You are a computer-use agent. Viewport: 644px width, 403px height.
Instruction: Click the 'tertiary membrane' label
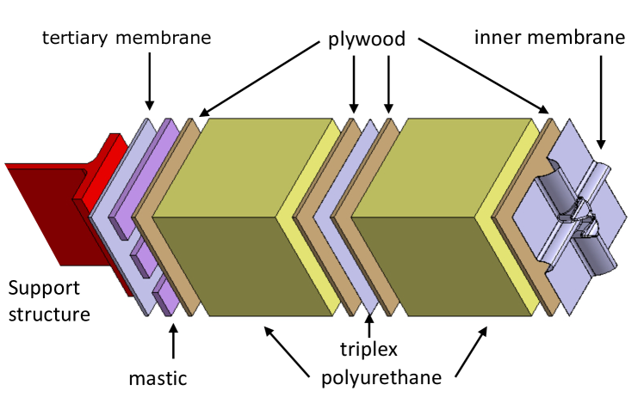[127, 39]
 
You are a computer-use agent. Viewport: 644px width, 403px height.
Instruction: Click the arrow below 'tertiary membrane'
[150, 82]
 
